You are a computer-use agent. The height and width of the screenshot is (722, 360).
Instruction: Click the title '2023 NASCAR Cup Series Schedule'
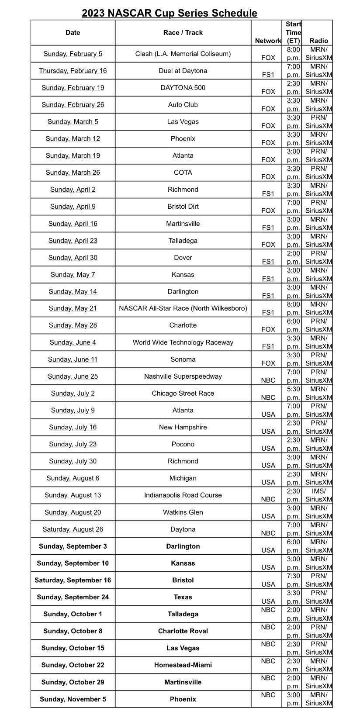pyautogui.click(x=170, y=14)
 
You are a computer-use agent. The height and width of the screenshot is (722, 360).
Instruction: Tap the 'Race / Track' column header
pyautogui.click(x=183, y=33)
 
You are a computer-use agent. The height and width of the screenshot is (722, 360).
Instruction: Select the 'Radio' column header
pyautogui.click(x=318, y=41)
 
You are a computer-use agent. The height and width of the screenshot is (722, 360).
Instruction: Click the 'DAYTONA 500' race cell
pyautogui.click(x=183, y=88)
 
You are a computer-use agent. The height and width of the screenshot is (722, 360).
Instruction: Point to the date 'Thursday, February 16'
pyautogui.click(x=73, y=71)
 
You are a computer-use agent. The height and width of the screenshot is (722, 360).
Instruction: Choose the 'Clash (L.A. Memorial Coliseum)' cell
pyautogui.click(x=183, y=54)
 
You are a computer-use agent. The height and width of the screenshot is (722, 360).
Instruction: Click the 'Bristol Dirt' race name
pyautogui.click(x=183, y=207)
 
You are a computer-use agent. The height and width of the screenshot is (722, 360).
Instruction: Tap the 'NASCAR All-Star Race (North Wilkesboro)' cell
pyautogui.click(x=183, y=308)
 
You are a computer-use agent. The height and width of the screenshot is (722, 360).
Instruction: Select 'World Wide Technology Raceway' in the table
pyautogui.click(x=183, y=342)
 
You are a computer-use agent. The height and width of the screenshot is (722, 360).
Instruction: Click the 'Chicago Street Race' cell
pyautogui.click(x=183, y=394)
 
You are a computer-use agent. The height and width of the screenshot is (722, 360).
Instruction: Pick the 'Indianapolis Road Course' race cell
pyautogui.click(x=183, y=495)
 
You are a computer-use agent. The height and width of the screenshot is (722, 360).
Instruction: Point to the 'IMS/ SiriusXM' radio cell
pyautogui.click(x=318, y=495)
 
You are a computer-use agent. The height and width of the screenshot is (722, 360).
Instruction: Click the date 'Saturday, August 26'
pyautogui.click(x=73, y=529)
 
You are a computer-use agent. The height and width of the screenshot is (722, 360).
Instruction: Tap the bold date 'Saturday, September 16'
pyautogui.click(x=73, y=580)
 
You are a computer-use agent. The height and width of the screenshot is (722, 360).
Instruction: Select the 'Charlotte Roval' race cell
pyautogui.click(x=183, y=631)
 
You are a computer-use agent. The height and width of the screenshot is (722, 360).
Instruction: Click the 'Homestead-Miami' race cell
pyautogui.click(x=183, y=665)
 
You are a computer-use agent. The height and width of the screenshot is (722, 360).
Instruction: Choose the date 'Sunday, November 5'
pyautogui.click(x=73, y=699)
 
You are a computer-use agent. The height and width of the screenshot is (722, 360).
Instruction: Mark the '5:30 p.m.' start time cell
pyautogui.click(x=293, y=394)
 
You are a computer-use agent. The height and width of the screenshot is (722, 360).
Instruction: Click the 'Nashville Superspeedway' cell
pyautogui.click(x=183, y=377)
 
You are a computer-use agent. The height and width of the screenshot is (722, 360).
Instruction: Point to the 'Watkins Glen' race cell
pyautogui.click(x=183, y=512)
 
